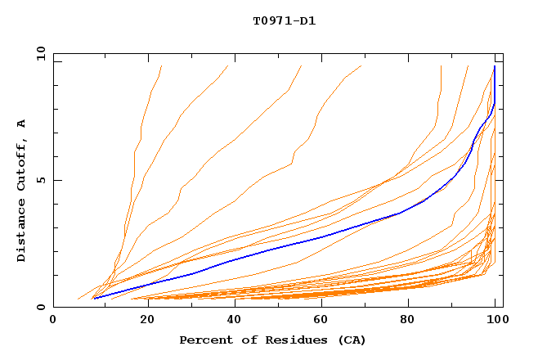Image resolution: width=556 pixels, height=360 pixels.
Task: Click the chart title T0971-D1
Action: (284, 20)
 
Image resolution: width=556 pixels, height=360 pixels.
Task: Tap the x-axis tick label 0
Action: (53, 320)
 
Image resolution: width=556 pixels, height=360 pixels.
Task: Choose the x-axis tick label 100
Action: (495, 320)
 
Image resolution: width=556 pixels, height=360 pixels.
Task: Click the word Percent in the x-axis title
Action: (204, 340)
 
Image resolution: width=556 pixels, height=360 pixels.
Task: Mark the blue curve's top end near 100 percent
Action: (495, 66)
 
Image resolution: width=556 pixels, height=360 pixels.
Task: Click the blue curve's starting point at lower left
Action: (95, 299)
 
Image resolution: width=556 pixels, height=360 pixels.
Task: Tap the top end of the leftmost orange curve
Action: (162, 66)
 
